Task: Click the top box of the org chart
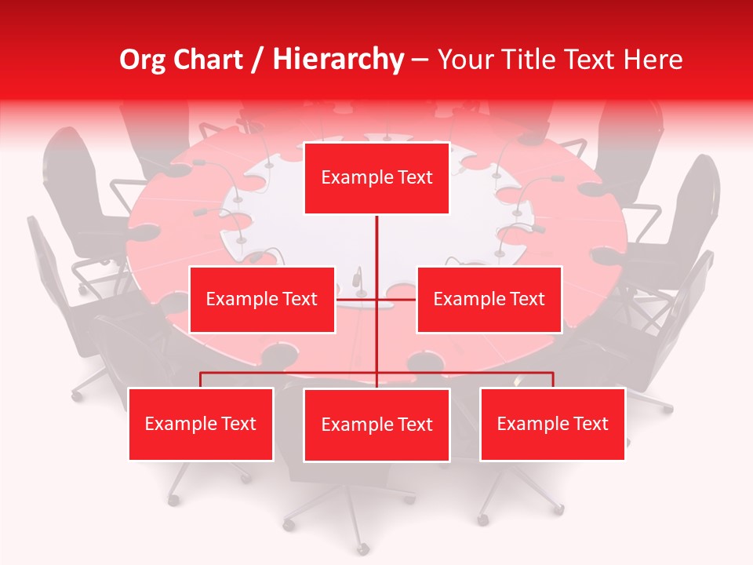376,178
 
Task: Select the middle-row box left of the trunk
262,299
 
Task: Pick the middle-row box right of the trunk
489,299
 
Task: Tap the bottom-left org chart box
201,424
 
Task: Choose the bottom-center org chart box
376,425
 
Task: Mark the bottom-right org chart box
552,424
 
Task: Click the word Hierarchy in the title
338,60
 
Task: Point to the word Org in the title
142,60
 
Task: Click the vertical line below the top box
376,251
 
